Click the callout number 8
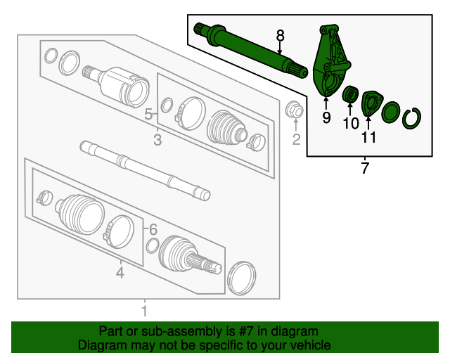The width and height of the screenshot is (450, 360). click(280, 34)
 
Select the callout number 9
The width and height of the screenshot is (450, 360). click(326, 117)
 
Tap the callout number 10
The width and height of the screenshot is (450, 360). click(350, 124)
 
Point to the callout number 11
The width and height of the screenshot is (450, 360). click(368, 137)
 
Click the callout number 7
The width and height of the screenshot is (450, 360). click(364, 168)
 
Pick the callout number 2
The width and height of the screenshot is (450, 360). click(296, 139)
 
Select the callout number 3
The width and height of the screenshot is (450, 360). click(157, 141)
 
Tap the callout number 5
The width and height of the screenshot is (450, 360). click(148, 114)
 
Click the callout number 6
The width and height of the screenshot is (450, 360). click(153, 229)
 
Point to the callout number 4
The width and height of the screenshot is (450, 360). click(120, 272)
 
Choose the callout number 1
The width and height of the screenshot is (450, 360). click(145, 310)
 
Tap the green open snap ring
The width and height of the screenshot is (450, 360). click(411, 117)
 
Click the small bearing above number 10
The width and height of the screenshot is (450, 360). click(349, 94)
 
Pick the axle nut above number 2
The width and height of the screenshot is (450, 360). click(295, 110)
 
